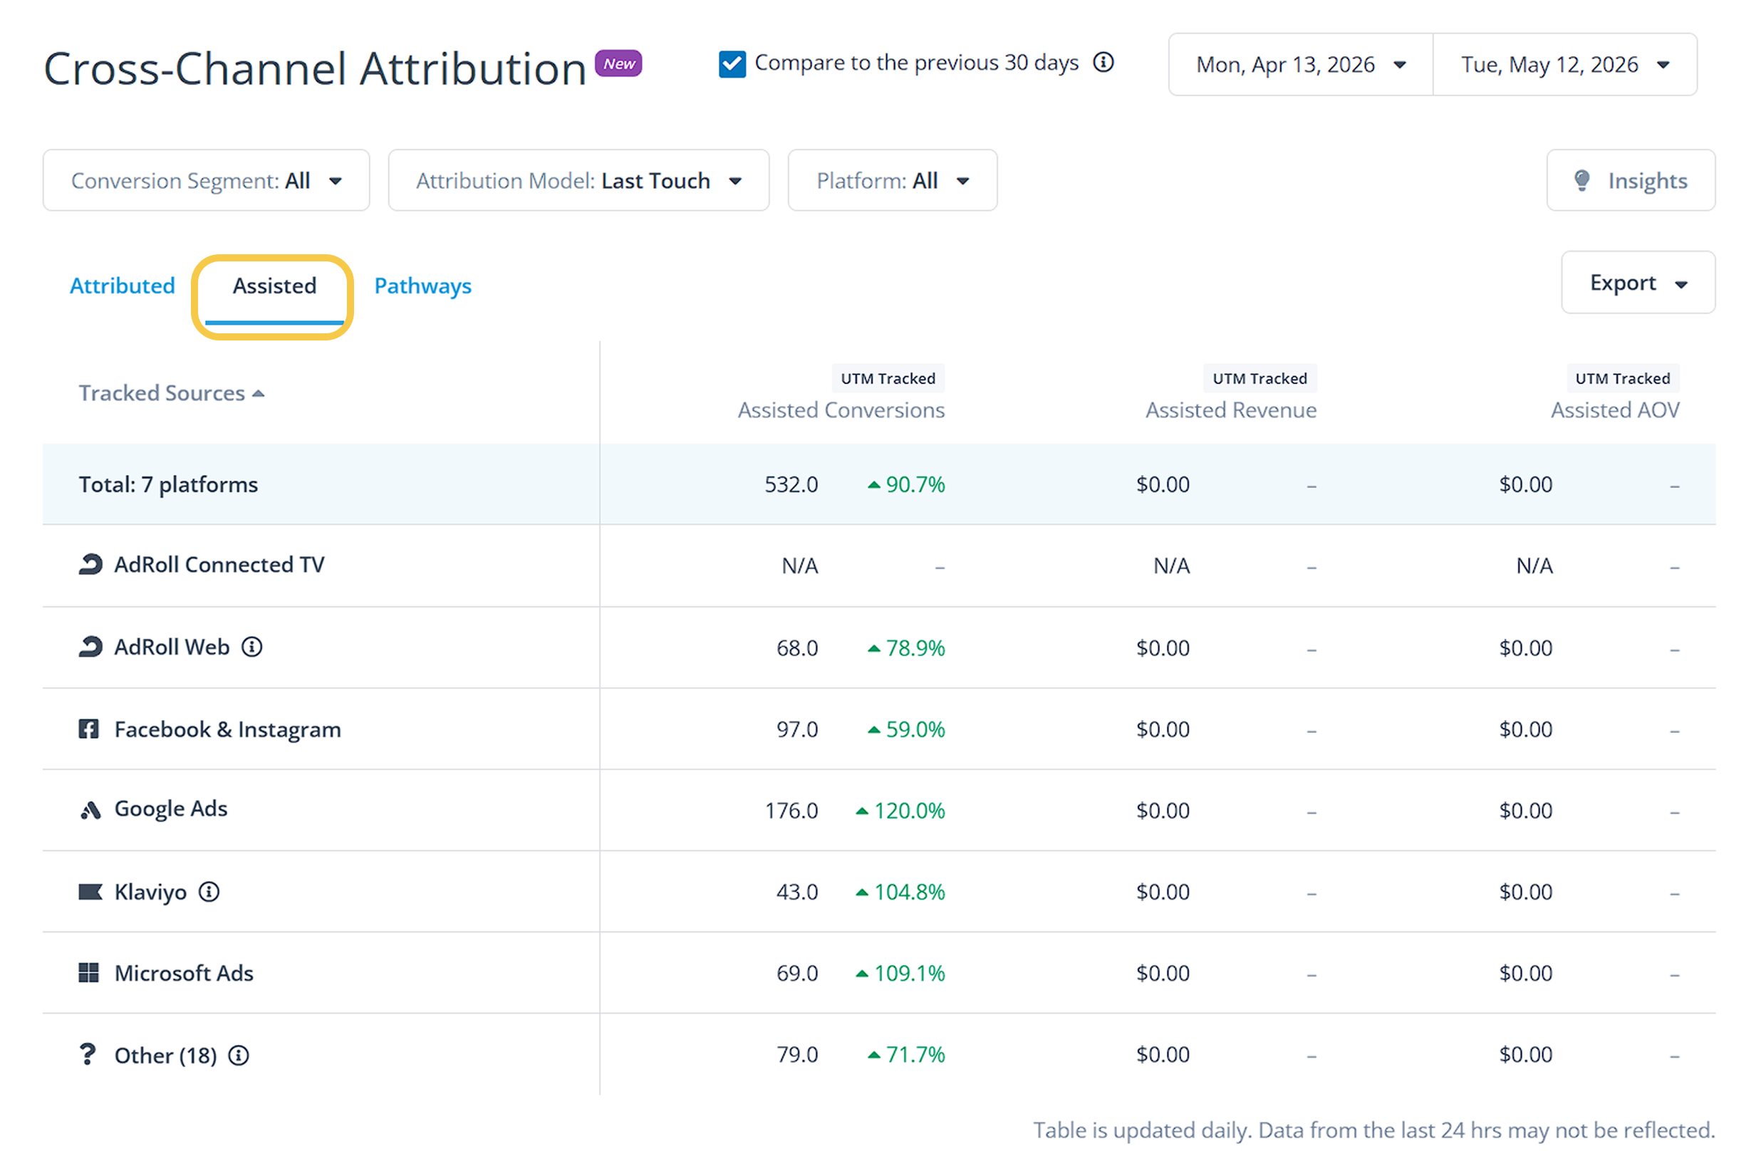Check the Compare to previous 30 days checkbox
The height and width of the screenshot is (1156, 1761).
(732, 64)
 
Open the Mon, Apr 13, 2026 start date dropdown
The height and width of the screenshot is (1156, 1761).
(1301, 64)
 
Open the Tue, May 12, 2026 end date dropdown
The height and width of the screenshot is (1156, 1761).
(1565, 64)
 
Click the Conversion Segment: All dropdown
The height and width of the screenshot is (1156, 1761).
(207, 180)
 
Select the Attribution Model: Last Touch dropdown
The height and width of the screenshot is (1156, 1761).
(578, 180)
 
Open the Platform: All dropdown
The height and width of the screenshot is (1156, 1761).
(893, 180)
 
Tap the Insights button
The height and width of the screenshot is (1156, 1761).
(1631, 180)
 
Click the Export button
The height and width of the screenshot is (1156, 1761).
(1638, 283)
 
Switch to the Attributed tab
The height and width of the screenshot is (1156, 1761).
(123, 286)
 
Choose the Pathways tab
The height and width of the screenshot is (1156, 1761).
(422, 286)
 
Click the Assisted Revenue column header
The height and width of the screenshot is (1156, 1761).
(1231, 410)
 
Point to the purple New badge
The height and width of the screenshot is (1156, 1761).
(618, 63)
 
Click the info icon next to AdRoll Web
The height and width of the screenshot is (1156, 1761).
(252, 647)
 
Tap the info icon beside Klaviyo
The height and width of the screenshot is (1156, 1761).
(209, 892)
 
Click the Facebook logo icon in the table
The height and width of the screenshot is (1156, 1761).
(89, 729)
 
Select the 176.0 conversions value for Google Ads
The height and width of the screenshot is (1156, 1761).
(791, 811)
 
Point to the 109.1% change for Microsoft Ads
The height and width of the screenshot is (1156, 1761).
(900, 974)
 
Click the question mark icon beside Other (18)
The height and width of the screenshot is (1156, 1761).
(88, 1054)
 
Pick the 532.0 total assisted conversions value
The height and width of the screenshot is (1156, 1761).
(791, 484)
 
